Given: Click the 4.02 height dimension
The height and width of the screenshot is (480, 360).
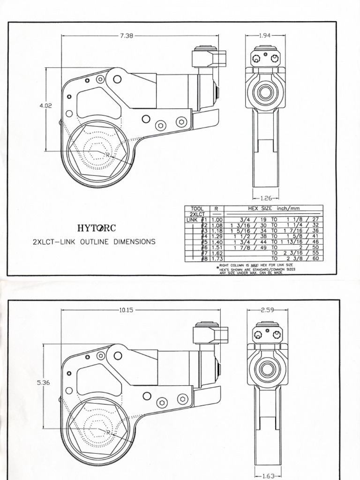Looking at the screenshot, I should pyautogui.click(x=45, y=106).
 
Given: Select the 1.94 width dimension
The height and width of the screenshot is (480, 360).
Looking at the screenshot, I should pyautogui.click(x=265, y=36).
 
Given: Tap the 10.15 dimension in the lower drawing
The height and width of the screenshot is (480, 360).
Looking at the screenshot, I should pyautogui.click(x=127, y=309).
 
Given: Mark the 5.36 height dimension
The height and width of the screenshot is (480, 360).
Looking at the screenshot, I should pyautogui.click(x=43, y=382).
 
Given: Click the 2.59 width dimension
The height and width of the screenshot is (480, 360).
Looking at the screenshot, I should pyautogui.click(x=268, y=309).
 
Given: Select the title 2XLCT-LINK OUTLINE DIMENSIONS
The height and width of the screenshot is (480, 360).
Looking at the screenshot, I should pyautogui.click(x=94, y=242).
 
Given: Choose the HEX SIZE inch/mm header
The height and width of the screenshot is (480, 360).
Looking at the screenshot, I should pyautogui.click(x=273, y=208).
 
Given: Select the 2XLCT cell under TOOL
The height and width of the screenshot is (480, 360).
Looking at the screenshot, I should pyautogui.click(x=197, y=213).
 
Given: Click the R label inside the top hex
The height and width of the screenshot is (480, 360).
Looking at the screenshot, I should pyautogui.click(x=107, y=155).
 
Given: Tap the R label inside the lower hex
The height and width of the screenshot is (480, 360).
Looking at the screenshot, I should pyautogui.click(x=108, y=432).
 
